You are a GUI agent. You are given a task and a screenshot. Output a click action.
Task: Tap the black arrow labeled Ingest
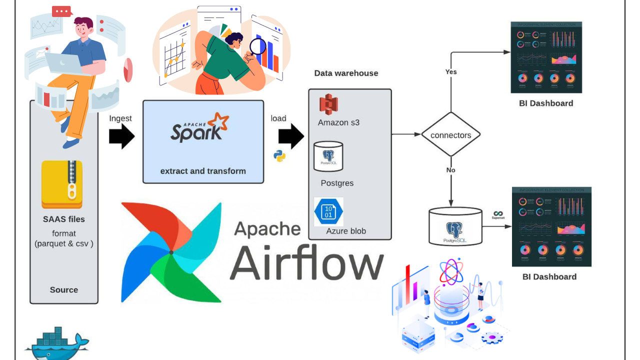pos(121,136)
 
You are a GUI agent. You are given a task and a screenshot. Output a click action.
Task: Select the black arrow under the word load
pos(291,136)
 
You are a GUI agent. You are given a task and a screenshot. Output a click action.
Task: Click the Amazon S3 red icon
pos(328,104)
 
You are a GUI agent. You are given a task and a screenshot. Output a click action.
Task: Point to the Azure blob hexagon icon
pos(328,211)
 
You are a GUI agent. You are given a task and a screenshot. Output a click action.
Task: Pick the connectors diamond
pos(450,135)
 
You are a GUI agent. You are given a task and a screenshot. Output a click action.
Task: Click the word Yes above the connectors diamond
pos(451,72)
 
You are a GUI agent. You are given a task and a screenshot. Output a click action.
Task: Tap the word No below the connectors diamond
pos(450,170)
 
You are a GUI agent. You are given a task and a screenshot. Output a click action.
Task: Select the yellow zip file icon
pos(62,184)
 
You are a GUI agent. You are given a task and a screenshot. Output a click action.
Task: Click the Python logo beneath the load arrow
pos(279,156)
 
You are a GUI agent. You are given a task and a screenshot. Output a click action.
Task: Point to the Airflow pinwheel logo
pos(171,252)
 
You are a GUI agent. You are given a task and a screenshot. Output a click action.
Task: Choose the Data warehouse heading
pos(346,73)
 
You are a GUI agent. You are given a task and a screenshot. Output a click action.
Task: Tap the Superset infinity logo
pos(497,213)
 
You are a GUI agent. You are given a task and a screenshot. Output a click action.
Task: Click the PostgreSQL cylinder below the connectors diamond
pos(455,226)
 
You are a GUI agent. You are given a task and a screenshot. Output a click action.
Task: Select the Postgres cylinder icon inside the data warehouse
pos(328,156)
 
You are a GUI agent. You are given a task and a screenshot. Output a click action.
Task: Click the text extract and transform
pos(203,171)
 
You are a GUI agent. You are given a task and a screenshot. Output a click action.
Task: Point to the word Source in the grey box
pos(64,290)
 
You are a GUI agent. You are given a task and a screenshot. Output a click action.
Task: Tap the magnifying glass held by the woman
pos(258,46)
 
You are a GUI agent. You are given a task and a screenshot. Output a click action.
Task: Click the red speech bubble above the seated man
pos(62,11)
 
